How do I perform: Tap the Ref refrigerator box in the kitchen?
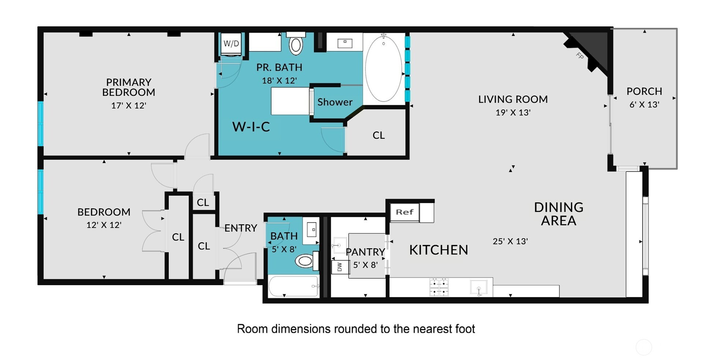[405, 212]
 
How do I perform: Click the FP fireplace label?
[580, 56]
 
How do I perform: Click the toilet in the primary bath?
[296, 43]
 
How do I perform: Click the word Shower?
[335, 102]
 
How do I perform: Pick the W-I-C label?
[251, 127]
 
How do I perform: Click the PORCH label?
[644, 91]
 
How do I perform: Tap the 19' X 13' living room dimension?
[513, 112]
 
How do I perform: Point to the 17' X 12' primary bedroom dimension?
[129, 105]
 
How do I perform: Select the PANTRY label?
[365, 252]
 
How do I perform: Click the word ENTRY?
[241, 228]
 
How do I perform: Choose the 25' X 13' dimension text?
[510, 241]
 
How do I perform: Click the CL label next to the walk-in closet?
[379, 136]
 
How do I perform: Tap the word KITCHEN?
[438, 250]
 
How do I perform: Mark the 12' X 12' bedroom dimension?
[104, 225]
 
